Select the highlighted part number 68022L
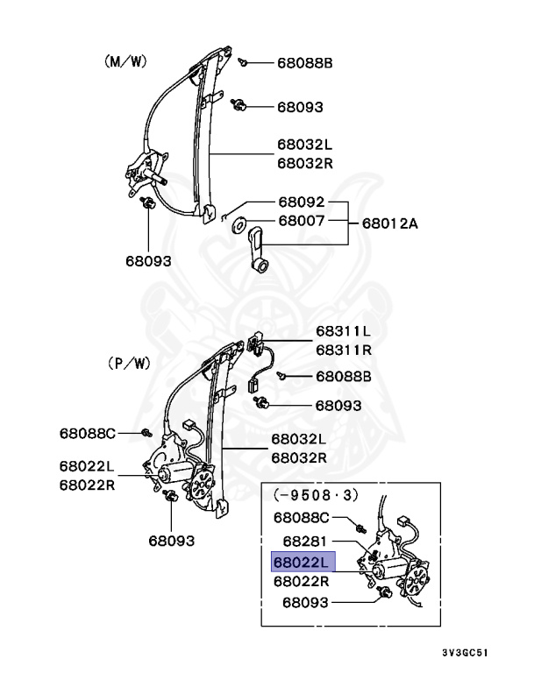(301, 562)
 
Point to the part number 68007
(302, 223)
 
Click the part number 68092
(302, 202)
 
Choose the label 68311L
(343, 331)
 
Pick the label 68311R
(343, 349)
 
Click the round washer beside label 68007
(239, 224)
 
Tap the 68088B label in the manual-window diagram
(305, 63)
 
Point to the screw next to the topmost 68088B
(245, 61)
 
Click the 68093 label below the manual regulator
(148, 260)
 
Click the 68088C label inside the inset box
(302, 517)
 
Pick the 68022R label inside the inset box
(301, 581)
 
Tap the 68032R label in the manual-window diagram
(305, 163)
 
